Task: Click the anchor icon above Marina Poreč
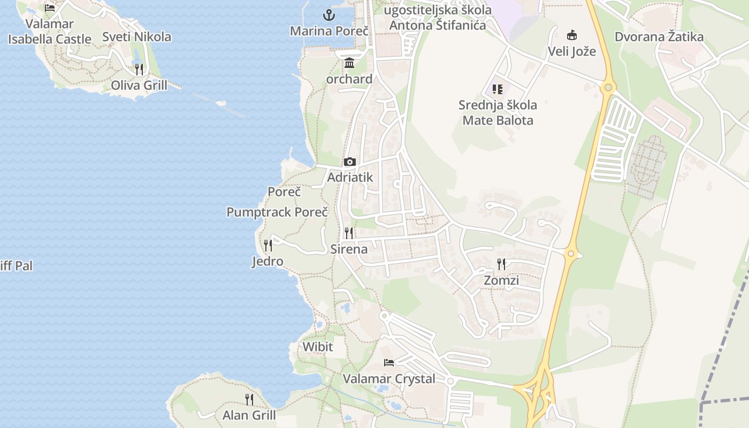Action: (x=329, y=15)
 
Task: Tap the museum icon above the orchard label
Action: (x=349, y=63)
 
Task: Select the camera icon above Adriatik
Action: (x=350, y=162)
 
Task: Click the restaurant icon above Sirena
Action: (x=349, y=233)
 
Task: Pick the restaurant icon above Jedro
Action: (x=268, y=246)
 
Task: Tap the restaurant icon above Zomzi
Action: (x=501, y=264)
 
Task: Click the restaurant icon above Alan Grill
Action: (x=249, y=399)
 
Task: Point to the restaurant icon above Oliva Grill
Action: (x=139, y=69)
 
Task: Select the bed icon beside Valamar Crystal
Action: (x=389, y=363)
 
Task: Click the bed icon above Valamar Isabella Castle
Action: (x=50, y=7)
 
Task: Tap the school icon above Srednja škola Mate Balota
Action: (x=498, y=89)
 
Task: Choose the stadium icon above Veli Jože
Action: (x=572, y=35)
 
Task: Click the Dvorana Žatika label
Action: (x=659, y=37)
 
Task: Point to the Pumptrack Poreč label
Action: (x=277, y=212)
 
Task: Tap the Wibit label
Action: (x=318, y=347)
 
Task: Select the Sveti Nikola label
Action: (x=136, y=37)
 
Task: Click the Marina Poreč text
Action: (x=330, y=31)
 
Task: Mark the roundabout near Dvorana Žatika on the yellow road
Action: (x=608, y=87)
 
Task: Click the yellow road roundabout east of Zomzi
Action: (x=571, y=254)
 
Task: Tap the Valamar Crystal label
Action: (x=389, y=379)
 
